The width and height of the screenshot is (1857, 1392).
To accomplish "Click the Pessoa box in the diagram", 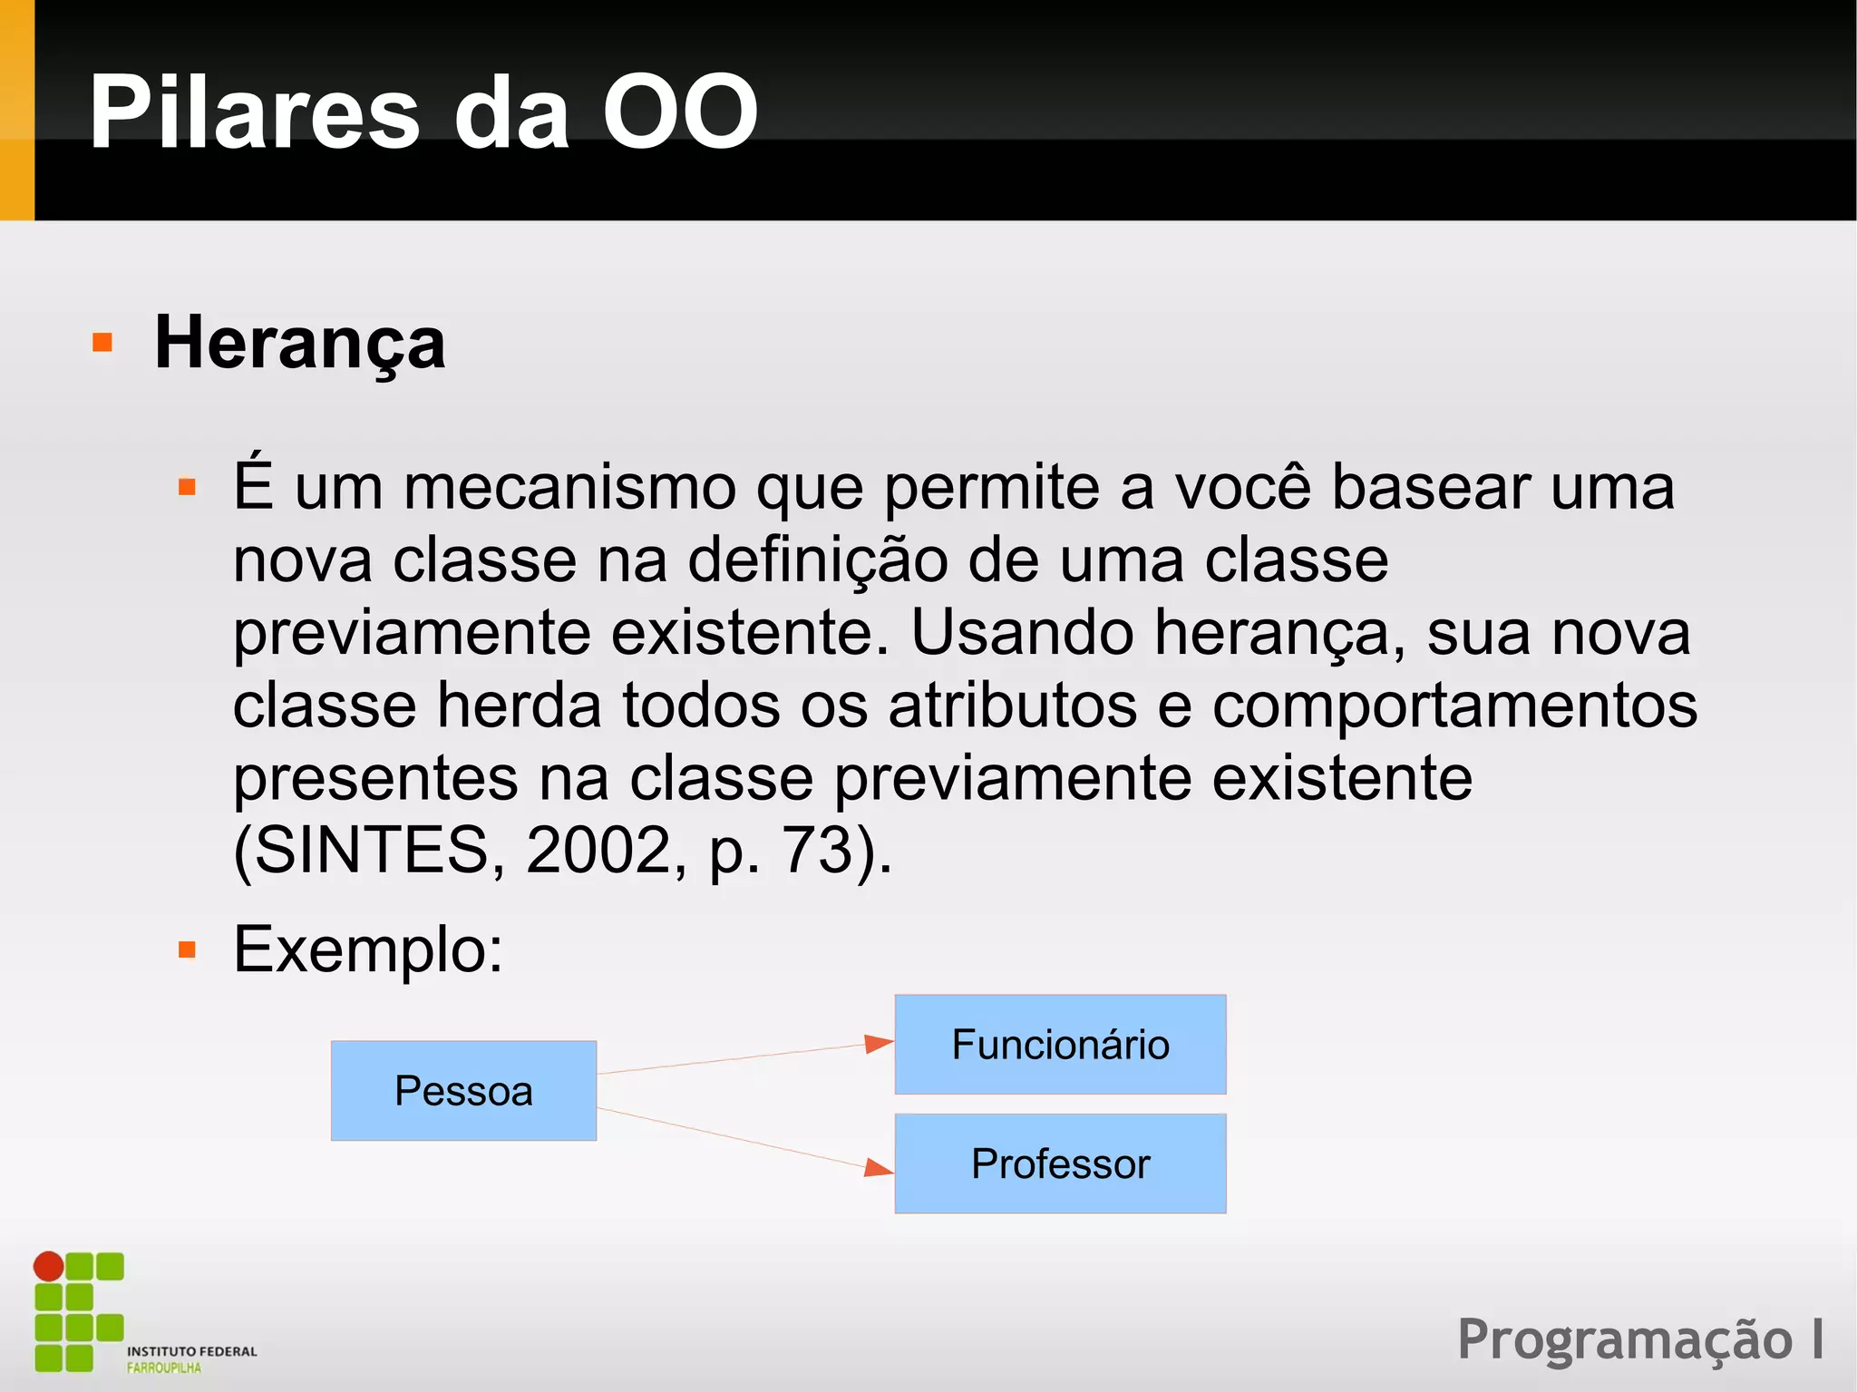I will tap(463, 1090).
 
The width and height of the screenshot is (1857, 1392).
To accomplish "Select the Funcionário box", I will tap(1060, 1045).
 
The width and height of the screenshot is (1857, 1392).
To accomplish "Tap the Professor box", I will tap(1060, 1163).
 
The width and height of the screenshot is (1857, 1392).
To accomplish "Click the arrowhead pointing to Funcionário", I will tap(878, 1045).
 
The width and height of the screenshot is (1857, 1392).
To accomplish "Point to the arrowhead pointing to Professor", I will tap(878, 1167).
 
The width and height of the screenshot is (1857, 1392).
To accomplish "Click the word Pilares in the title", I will tap(255, 112).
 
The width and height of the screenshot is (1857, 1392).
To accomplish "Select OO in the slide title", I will tap(680, 112).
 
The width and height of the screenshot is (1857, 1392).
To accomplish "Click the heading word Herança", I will tap(300, 343).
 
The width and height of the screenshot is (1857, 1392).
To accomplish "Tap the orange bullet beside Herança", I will tap(102, 343).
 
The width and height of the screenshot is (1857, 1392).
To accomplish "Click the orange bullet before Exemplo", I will tap(188, 950).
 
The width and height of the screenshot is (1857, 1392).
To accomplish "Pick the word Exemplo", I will tap(367, 949).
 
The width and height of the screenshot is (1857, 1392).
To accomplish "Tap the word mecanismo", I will tap(569, 487).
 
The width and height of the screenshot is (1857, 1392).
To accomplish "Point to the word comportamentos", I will tap(1454, 705).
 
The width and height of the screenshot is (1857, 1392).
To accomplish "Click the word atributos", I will tap(1012, 705).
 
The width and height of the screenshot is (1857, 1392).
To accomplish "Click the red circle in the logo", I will tap(49, 1266).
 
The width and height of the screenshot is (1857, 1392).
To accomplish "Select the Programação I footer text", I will tap(1640, 1338).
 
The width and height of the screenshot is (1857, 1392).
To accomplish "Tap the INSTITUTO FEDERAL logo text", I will tap(192, 1351).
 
